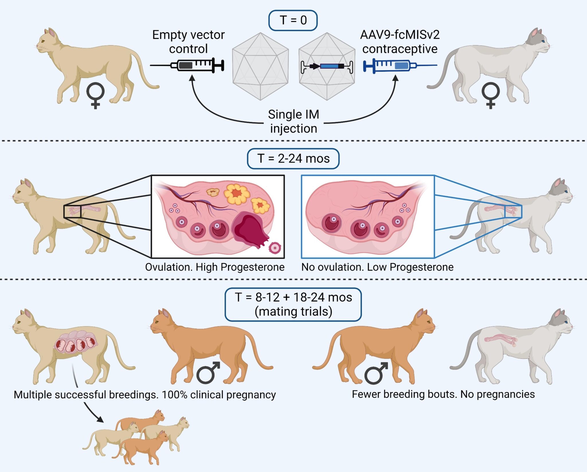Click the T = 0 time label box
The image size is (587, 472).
coord(293,20)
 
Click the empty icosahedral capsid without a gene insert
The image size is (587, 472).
coord(260,66)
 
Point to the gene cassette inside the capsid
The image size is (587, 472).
coord(327,66)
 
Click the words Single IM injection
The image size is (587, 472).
coord(293,121)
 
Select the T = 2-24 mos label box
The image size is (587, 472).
coord(293,158)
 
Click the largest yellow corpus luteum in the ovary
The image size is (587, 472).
coord(237,194)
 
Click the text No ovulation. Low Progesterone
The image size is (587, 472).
coord(377,267)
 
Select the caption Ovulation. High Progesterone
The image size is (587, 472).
coord(215,267)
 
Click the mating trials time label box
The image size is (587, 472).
coord(293,304)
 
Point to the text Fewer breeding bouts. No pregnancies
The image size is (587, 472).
coord(443,394)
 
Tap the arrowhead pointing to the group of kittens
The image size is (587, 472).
coord(100,420)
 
